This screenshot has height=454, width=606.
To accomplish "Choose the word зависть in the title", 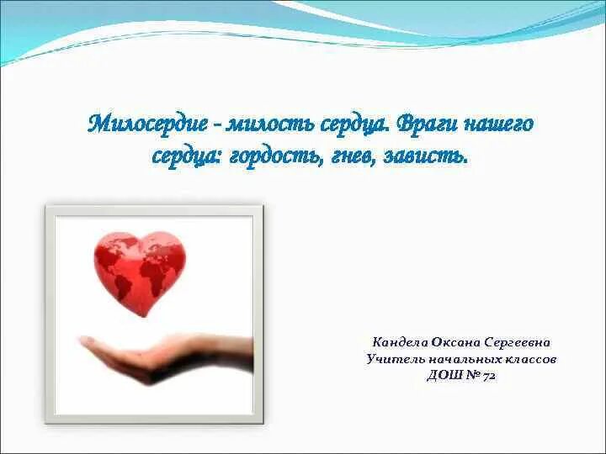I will click(428, 156).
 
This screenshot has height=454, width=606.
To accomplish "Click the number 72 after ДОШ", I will click(488, 376).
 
